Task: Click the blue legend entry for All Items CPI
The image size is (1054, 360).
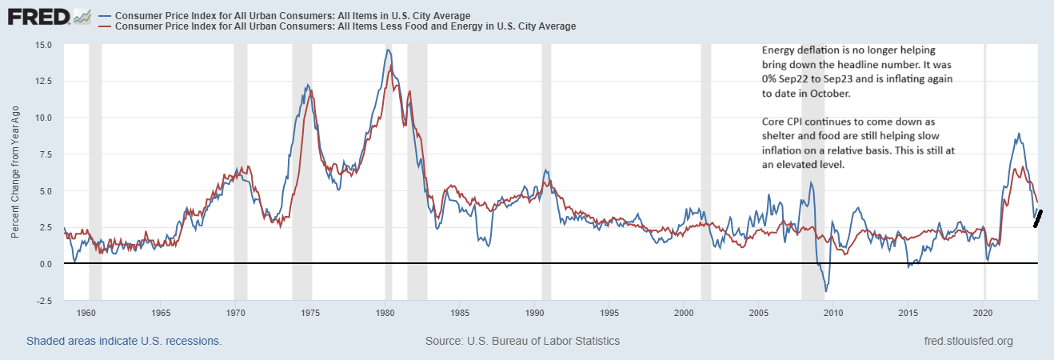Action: click(x=292, y=16)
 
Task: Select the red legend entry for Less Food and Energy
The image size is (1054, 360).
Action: click(x=345, y=26)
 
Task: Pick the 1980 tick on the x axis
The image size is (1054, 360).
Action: click(x=385, y=314)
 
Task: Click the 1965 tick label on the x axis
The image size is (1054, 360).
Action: click(x=160, y=314)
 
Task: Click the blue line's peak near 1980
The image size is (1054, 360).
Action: click(x=388, y=50)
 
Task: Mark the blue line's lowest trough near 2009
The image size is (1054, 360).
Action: click(x=825, y=290)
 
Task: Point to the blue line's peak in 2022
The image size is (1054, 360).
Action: click(x=1018, y=134)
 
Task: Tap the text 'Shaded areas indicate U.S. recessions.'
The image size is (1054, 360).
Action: click(x=124, y=341)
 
